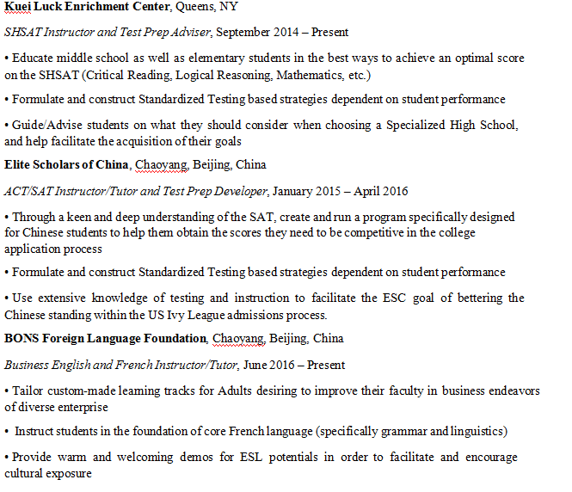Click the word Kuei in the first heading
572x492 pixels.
(18, 8)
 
